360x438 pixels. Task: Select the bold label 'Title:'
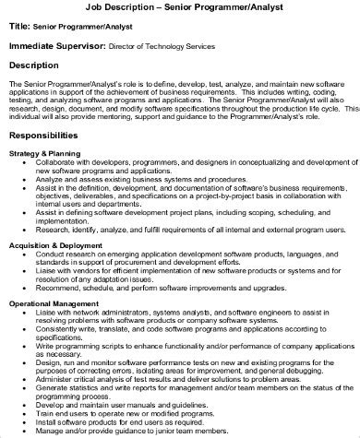pos(21,27)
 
